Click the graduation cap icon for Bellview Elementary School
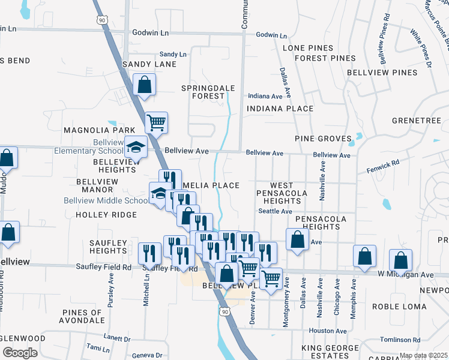pos(136,146)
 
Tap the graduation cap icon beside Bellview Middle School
pos(159,193)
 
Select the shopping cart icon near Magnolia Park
pos(156,123)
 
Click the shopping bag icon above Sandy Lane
pos(144,85)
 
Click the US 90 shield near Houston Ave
pos(224,312)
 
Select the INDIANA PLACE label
pos(280,109)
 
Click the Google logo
pos(19,352)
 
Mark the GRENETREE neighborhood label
pos(416,121)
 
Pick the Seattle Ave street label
pos(274,211)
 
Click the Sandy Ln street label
pos(172,54)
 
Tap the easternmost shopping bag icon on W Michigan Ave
pos(400,261)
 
